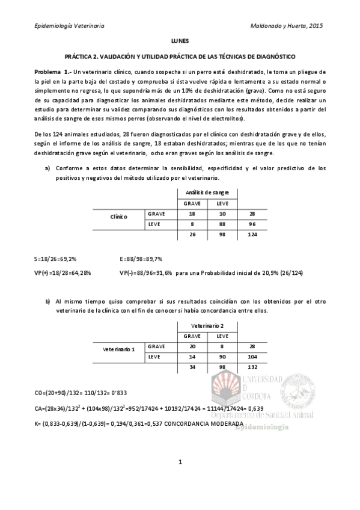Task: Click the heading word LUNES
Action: (180, 41)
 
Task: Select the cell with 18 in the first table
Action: (192, 214)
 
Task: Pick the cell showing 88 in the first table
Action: (222, 225)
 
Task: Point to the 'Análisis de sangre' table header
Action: (207, 192)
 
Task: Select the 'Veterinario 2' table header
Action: (207, 325)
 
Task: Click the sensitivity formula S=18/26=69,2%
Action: (55, 259)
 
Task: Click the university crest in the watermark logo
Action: (223, 389)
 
